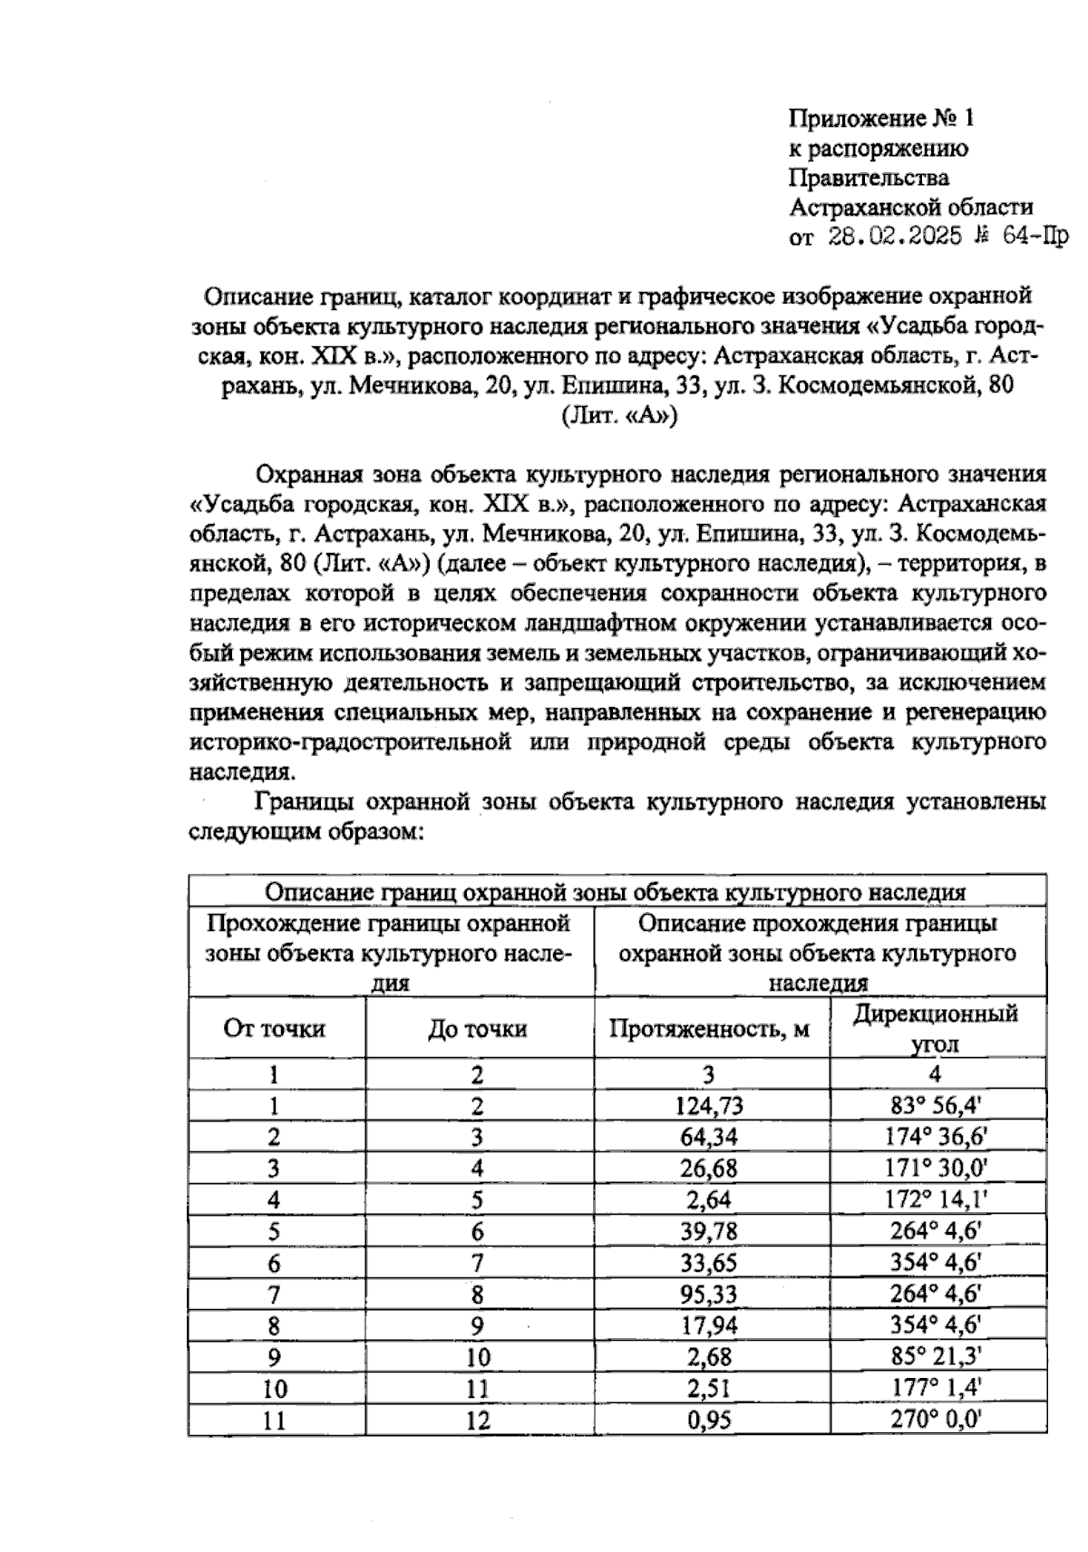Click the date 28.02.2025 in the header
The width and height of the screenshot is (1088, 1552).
[895, 237]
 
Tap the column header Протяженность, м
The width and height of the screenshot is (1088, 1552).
[709, 1029]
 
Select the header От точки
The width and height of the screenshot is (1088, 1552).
[275, 1029]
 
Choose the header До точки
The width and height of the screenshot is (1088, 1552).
[478, 1029]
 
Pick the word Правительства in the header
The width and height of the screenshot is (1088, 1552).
[869, 178]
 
